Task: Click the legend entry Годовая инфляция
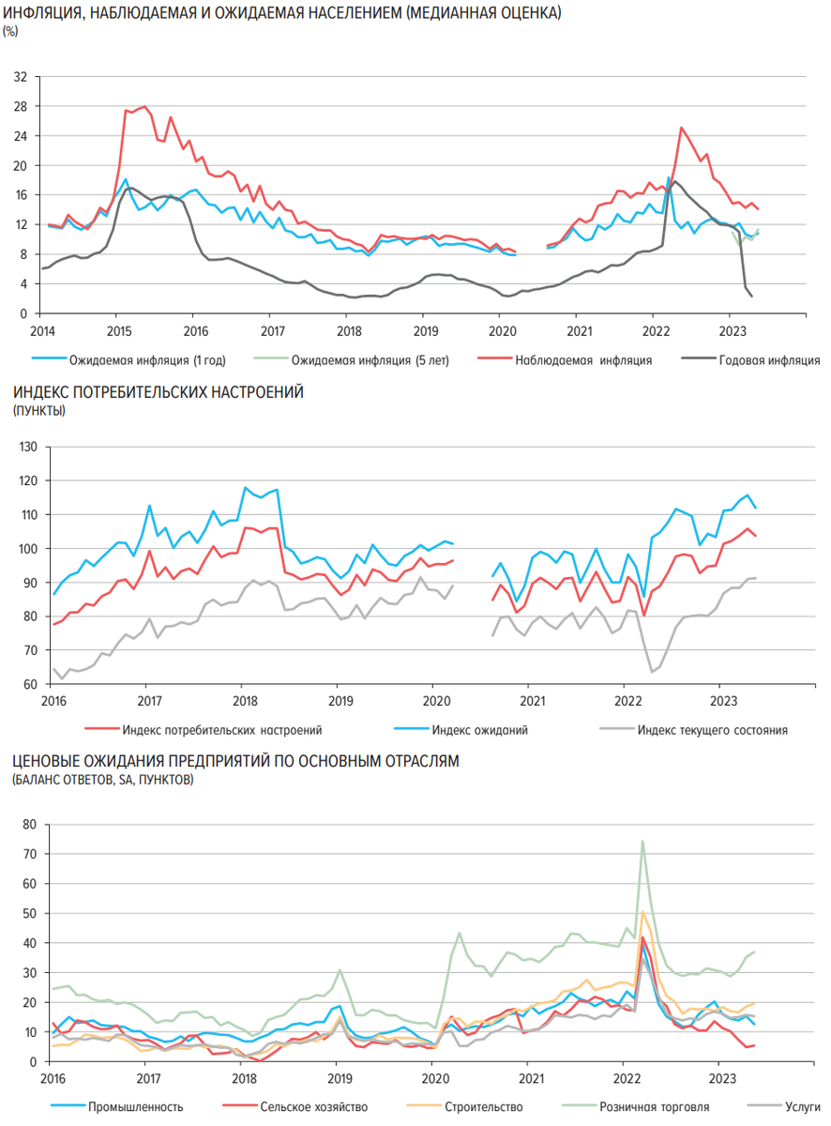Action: [x=769, y=359]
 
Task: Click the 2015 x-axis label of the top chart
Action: [x=117, y=330]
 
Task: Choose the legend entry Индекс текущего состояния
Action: [x=712, y=729]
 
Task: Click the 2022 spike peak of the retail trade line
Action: [x=642, y=841]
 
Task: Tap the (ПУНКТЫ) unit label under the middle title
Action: [x=38, y=411]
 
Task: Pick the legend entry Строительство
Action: [x=484, y=1107]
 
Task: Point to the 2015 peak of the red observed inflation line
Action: [x=144, y=107]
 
